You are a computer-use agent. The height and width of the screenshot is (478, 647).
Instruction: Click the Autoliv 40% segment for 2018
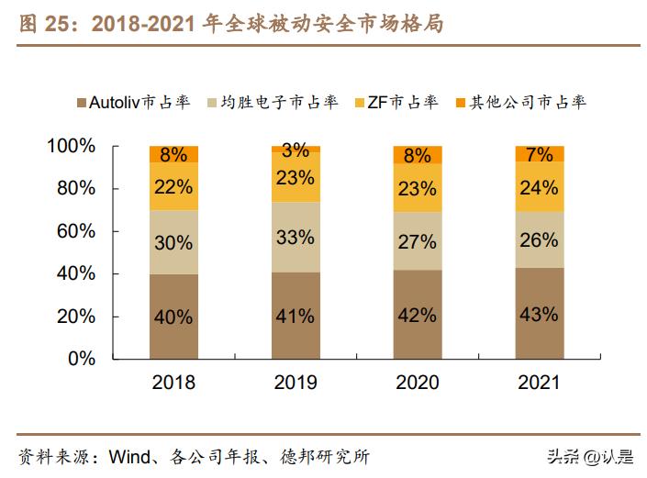[173, 317]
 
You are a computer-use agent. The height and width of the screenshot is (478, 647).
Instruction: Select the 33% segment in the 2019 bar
[296, 237]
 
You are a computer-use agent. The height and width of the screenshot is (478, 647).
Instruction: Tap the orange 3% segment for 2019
[296, 150]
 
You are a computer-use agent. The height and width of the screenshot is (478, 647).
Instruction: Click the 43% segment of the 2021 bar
[540, 314]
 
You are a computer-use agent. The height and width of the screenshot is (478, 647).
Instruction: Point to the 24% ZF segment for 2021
[540, 187]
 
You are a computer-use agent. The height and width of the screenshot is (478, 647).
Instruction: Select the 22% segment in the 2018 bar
[173, 187]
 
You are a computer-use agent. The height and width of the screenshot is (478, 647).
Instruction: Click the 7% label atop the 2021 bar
[540, 154]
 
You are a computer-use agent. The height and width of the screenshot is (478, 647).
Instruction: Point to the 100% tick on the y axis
[71, 146]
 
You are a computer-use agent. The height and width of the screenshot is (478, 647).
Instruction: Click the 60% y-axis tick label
[75, 231]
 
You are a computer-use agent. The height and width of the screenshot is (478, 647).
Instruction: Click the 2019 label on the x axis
[296, 383]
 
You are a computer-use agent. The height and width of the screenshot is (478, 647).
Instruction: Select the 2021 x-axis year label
[540, 383]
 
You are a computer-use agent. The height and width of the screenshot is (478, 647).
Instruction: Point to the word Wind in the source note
[128, 456]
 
